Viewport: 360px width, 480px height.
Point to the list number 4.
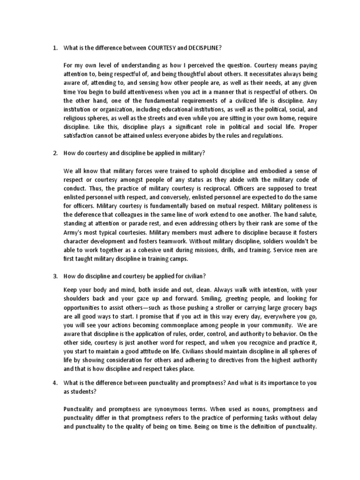click(55, 383)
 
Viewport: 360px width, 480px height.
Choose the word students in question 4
click(84, 391)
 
